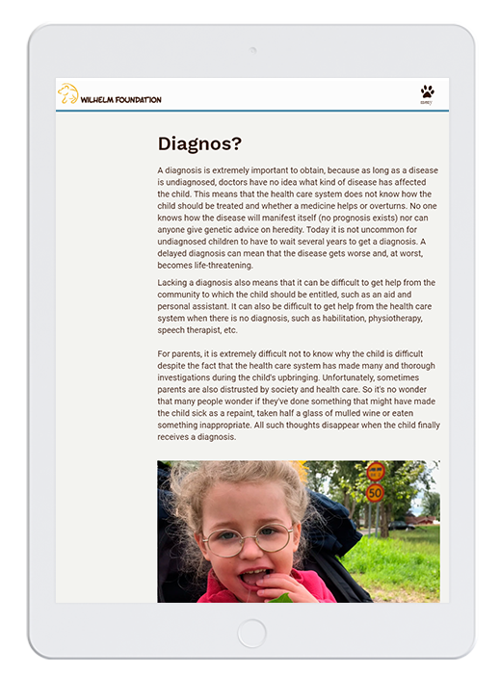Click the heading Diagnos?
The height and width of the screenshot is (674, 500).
coord(199,144)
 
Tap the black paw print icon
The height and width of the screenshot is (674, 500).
coord(427,91)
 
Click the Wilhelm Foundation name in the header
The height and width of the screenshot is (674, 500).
coord(121,99)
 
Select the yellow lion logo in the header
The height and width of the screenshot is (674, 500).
coord(67,95)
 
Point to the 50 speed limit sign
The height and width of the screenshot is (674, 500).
coord(375,492)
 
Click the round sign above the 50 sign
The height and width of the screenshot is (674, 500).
coord(375,472)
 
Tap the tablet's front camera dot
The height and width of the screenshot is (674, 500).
coord(250,50)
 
